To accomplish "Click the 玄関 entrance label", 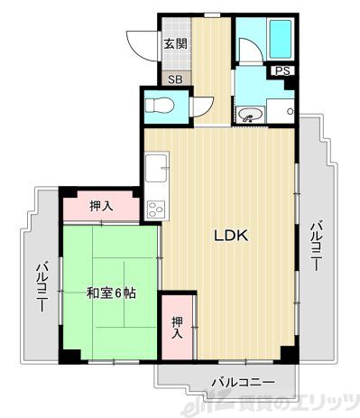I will pos(174,43).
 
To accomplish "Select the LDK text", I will pos(230,237).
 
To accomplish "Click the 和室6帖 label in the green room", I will pos(112,293).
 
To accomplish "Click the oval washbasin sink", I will pos(249,115).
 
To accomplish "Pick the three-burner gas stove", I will pos(155,208).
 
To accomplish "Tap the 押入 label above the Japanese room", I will pos(102,207).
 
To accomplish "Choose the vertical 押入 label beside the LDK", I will pos(177,325).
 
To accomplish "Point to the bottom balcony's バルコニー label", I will pos(243,381).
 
